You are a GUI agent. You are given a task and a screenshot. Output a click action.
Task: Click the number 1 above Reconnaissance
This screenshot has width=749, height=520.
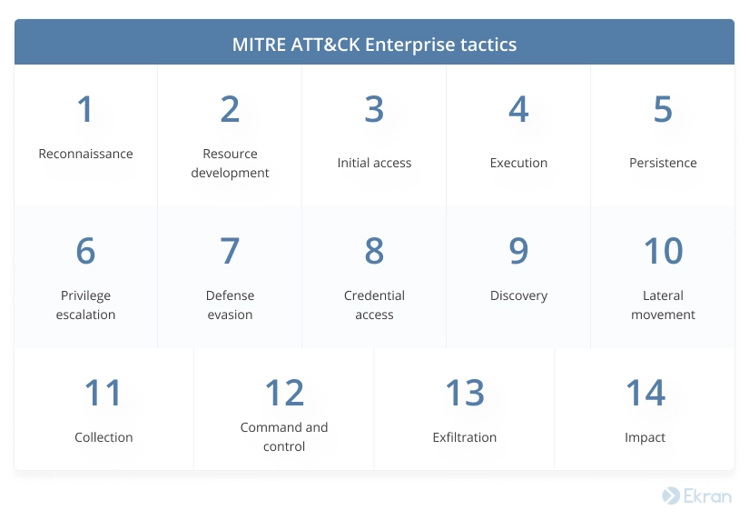pos(85,109)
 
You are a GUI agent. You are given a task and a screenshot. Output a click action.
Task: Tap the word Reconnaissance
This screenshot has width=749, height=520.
pos(85,154)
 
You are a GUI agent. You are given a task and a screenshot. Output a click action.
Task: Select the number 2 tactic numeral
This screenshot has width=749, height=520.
pos(230,109)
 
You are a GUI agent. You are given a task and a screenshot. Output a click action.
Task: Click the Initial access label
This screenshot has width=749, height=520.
pos(374,163)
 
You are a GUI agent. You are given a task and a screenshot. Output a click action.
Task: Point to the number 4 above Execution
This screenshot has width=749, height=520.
pos(518,109)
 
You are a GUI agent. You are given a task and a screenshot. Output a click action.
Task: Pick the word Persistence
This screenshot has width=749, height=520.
pos(663,163)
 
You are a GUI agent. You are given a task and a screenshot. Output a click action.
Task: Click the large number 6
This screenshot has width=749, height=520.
pos(85,250)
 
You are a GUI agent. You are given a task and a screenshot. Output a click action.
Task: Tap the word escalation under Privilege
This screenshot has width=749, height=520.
pos(85,315)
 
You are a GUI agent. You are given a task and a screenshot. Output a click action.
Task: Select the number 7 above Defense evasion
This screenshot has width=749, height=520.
pos(230,250)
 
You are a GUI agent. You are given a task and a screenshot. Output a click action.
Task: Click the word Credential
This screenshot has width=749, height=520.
pos(374,295)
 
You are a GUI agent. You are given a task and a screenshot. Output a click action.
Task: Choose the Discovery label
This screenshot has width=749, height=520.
pos(518,295)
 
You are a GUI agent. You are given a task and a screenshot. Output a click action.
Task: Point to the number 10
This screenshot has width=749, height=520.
pos(663,250)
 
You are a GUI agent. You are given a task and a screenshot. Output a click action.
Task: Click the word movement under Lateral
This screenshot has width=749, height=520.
pos(663,315)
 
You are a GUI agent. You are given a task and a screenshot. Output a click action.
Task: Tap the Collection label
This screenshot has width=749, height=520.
pos(103,436)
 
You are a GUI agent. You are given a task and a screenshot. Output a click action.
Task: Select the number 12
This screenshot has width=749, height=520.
pos(284,392)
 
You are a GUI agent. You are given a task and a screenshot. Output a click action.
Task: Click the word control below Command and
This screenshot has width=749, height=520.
pos(284,446)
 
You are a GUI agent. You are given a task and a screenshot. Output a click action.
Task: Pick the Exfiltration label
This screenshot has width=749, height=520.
pos(464,436)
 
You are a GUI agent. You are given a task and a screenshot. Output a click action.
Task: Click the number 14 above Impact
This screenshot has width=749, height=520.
pos(646,392)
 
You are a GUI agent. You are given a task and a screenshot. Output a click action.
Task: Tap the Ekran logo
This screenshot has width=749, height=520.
pos(697,495)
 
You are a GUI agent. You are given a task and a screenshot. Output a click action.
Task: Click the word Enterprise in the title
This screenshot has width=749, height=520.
pos(409,45)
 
